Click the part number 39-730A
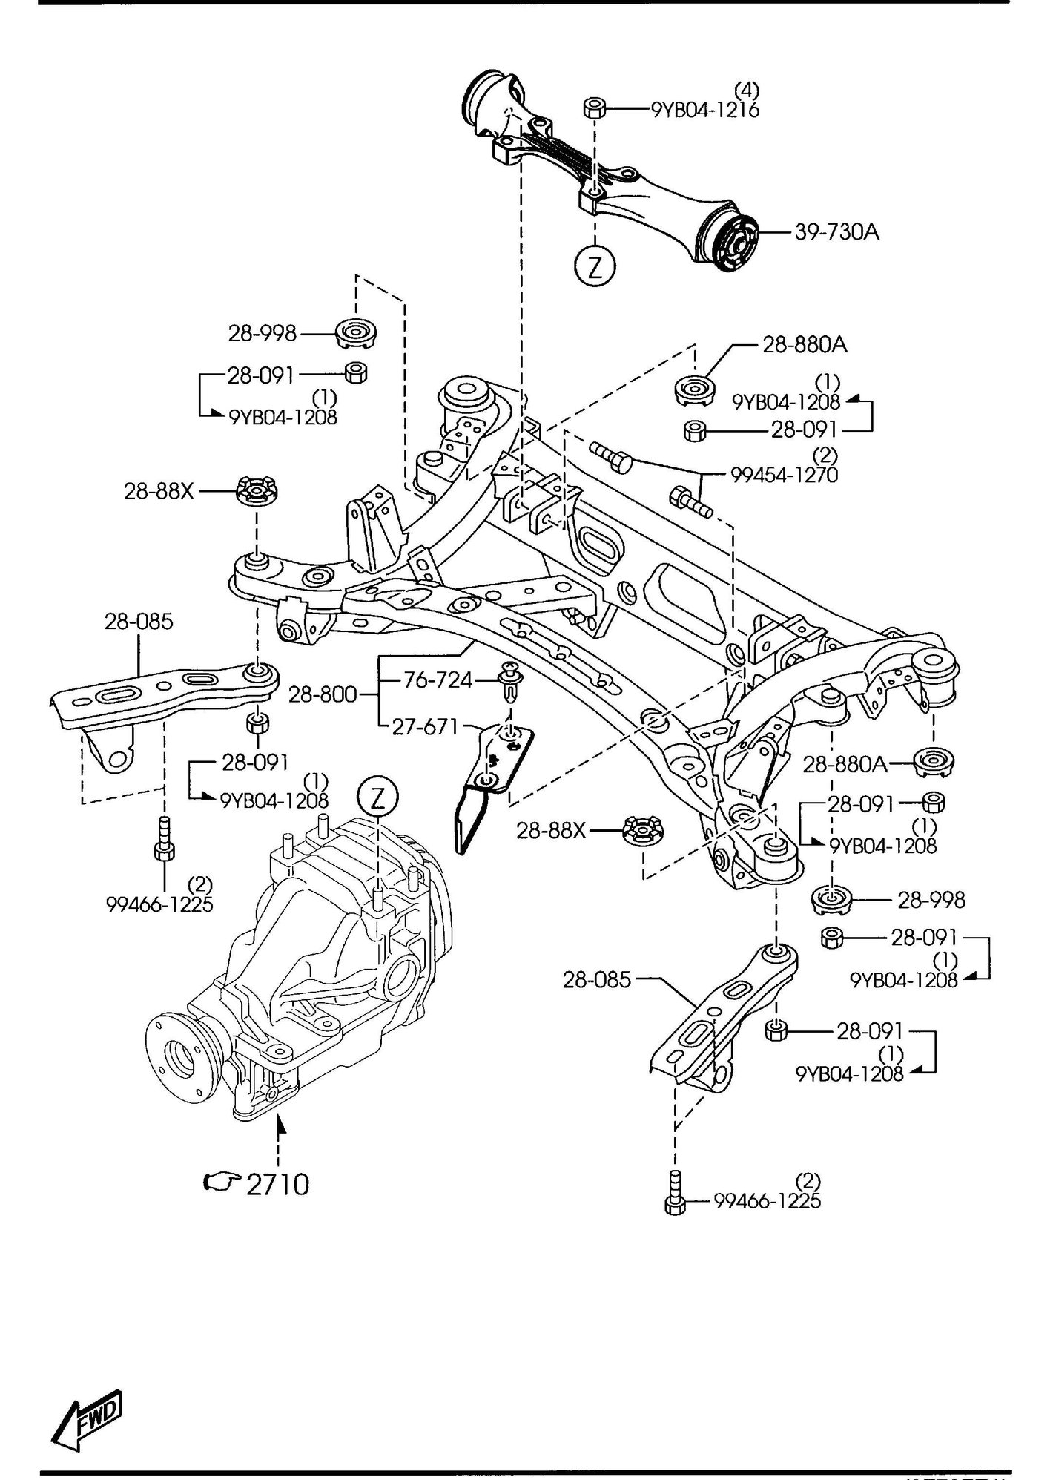click(836, 232)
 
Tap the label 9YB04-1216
click(705, 110)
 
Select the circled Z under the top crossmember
click(595, 267)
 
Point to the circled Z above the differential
click(377, 797)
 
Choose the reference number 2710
click(277, 1185)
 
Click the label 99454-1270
click(785, 474)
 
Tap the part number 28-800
click(323, 695)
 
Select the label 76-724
click(438, 680)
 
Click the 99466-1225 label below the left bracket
click(159, 904)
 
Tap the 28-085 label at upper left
click(139, 622)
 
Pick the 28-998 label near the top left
click(262, 334)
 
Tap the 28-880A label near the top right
click(805, 344)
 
